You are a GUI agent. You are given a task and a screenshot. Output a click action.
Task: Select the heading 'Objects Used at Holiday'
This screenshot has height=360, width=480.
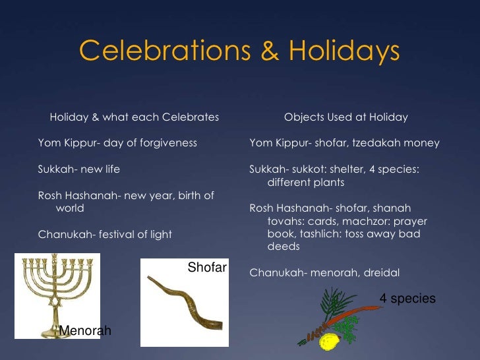(345, 117)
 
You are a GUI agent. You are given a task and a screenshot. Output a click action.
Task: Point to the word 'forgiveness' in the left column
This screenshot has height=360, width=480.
(167, 143)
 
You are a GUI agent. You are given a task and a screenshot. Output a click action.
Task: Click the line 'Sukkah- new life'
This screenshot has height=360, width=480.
(79, 169)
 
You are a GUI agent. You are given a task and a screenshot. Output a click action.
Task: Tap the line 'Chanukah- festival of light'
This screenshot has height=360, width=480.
(105, 234)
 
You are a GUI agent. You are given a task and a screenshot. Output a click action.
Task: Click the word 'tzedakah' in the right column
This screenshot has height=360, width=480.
(378, 143)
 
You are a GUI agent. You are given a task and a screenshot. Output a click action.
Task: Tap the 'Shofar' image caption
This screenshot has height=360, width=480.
(207, 267)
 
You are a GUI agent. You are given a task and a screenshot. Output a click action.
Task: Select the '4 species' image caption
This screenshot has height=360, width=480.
(407, 299)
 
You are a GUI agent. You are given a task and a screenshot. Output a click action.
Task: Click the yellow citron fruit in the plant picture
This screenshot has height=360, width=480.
(328, 342)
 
